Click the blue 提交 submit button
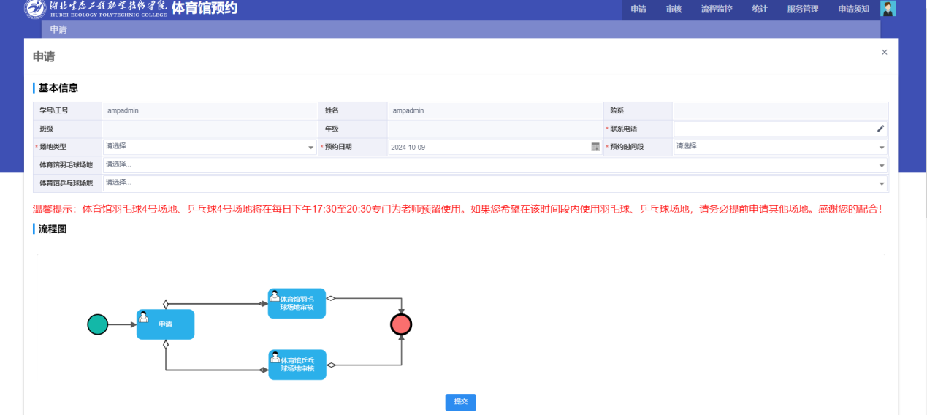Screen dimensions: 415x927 (x=460, y=402)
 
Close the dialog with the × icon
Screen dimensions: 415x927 (x=884, y=53)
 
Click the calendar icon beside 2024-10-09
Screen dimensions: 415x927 (x=595, y=147)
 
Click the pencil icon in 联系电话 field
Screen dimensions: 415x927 (x=880, y=129)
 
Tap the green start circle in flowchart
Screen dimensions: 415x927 (x=97, y=324)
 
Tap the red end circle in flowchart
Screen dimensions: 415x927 (x=401, y=324)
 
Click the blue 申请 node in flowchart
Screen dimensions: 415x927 (x=165, y=324)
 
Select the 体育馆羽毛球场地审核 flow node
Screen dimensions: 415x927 (x=297, y=303)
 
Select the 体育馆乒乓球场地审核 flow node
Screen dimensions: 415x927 (x=297, y=365)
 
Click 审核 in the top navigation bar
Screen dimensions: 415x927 (x=674, y=9)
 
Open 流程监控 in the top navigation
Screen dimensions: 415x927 (x=716, y=9)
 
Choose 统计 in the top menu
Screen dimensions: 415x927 (x=759, y=9)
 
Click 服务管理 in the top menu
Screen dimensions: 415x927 (x=803, y=9)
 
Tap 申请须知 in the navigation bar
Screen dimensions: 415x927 (x=853, y=9)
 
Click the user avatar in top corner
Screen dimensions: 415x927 (x=888, y=9)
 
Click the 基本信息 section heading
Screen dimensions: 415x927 (x=58, y=88)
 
